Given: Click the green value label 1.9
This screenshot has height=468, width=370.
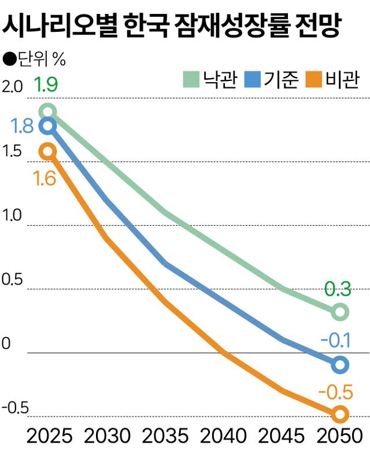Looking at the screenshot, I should pos(46,86).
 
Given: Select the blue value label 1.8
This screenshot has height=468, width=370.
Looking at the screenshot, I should pos(21,126).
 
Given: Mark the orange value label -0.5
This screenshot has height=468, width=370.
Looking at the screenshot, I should pos(335,393).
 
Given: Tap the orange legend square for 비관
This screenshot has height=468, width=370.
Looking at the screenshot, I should pos(314,79).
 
